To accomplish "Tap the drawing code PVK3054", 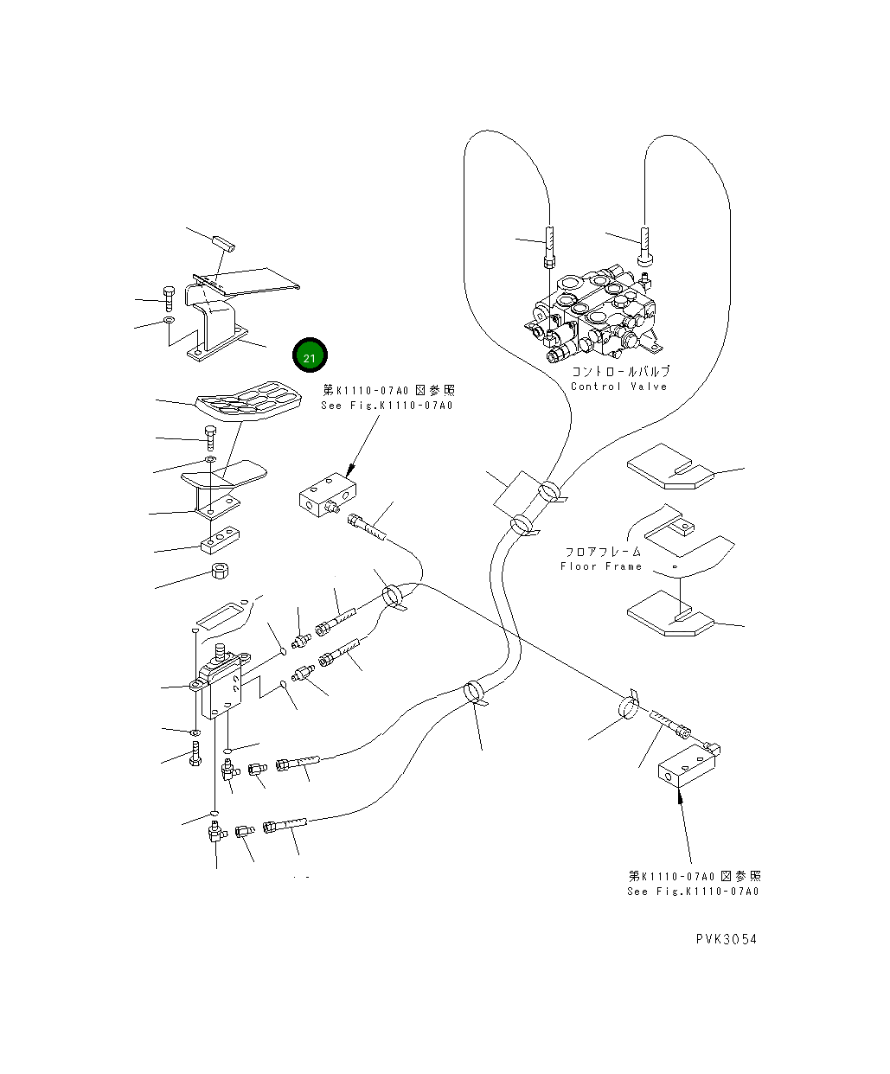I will click(725, 939).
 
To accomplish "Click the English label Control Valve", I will click(618, 387).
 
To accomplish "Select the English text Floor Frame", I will click(601, 566).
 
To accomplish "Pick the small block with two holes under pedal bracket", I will click(220, 540).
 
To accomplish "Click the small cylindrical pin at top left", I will click(227, 240).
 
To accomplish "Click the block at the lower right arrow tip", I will click(688, 768).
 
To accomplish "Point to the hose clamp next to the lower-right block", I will click(629, 706).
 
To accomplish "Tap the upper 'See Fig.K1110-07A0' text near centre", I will click(387, 406).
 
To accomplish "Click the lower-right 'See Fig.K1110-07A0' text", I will click(694, 892).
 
